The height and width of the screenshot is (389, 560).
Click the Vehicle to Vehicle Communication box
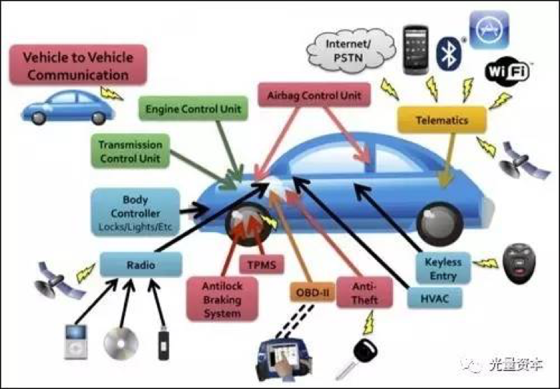point(78,65)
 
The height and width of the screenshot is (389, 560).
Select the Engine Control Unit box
point(193,108)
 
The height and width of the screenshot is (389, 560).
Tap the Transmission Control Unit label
point(130,151)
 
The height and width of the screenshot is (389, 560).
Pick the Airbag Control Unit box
point(314,95)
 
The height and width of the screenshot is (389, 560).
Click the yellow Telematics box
point(442,120)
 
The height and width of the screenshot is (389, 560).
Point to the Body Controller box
point(136,213)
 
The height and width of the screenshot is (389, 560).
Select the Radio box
point(141,264)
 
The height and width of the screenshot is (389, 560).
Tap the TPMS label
point(262,265)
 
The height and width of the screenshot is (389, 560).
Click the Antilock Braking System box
point(222,299)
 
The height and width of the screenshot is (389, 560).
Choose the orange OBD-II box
point(313,292)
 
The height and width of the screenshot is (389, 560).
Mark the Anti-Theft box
point(364,292)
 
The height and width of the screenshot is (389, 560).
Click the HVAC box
point(435,298)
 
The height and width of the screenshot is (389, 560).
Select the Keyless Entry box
point(443,269)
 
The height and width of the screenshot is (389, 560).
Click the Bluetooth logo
point(449,54)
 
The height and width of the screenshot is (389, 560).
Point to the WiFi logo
point(507,72)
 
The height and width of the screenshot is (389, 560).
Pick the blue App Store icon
point(488,29)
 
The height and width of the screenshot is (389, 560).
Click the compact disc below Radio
point(120,343)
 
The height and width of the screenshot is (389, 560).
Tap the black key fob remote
point(519,264)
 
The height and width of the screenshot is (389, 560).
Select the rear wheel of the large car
point(440,224)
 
